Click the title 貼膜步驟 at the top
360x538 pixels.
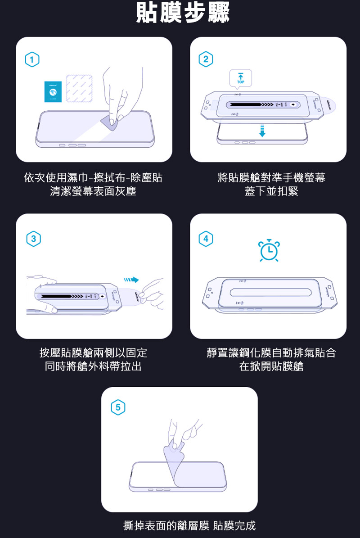coord(183,14)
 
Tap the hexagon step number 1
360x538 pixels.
coord(32,59)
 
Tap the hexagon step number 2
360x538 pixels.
coord(206,59)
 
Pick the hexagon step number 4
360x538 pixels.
coord(206,238)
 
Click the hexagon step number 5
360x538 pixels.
coord(118,407)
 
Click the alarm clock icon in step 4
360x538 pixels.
coord(269,251)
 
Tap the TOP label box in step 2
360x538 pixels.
coord(241,78)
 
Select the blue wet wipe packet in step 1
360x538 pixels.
coord(52,91)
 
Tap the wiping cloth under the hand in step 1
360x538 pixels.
coord(110,120)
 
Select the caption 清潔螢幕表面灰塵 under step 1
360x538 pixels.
coord(93,191)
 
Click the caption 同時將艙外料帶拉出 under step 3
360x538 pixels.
coord(93,366)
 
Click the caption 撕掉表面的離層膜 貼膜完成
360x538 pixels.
coord(189,525)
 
